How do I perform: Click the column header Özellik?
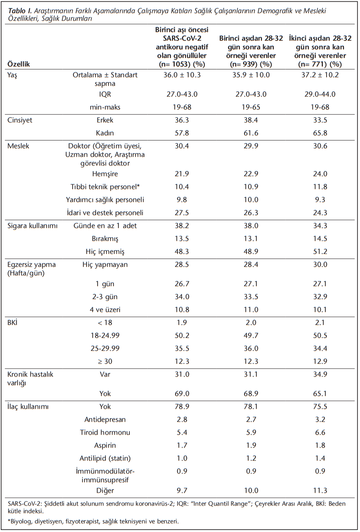[18, 64]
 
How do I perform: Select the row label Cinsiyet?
[20, 120]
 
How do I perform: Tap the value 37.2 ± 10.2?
[320, 75]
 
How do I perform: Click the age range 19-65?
[251, 107]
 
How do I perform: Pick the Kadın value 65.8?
[320, 133]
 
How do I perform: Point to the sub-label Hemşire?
[105, 174]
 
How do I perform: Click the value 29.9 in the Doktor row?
[251, 146]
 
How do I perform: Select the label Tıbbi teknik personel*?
[105, 187]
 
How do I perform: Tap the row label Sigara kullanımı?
[32, 226]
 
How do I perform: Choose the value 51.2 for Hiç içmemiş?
[320, 252]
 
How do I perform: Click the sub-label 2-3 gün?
[105, 297]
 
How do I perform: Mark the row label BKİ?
[12, 323]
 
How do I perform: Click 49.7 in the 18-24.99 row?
[251, 336]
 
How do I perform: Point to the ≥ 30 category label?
[105, 361]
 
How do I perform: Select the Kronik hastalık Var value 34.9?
[320, 374]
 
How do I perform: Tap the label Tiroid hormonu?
[105, 432]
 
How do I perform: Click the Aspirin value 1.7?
[182, 445]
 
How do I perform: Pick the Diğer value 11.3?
[320, 490]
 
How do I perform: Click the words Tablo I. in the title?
[20, 11]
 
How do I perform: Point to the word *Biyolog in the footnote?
[20, 521]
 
